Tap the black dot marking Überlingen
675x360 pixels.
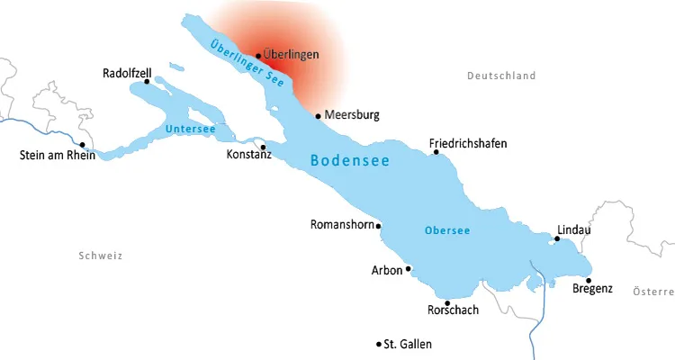pyautogui.click(x=258, y=55)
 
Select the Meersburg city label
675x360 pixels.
pyautogui.click(x=352, y=115)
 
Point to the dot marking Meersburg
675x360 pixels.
pyautogui.click(x=318, y=115)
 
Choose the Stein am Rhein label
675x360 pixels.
pyautogui.click(x=57, y=155)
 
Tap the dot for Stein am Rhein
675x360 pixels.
pyautogui.click(x=82, y=144)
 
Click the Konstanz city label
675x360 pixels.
pyautogui.click(x=249, y=155)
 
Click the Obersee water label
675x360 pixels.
pyautogui.click(x=447, y=231)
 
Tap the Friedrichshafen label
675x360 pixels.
pyautogui.click(x=467, y=143)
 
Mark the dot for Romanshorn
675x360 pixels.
pyautogui.click(x=378, y=226)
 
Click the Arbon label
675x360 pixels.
pyautogui.click(x=386, y=269)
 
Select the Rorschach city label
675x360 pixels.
pyautogui.click(x=453, y=310)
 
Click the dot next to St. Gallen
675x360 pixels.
pyautogui.click(x=378, y=344)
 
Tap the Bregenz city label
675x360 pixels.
pyautogui.click(x=592, y=289)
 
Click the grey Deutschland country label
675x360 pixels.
pyautogui.click(x=501, y=76)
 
